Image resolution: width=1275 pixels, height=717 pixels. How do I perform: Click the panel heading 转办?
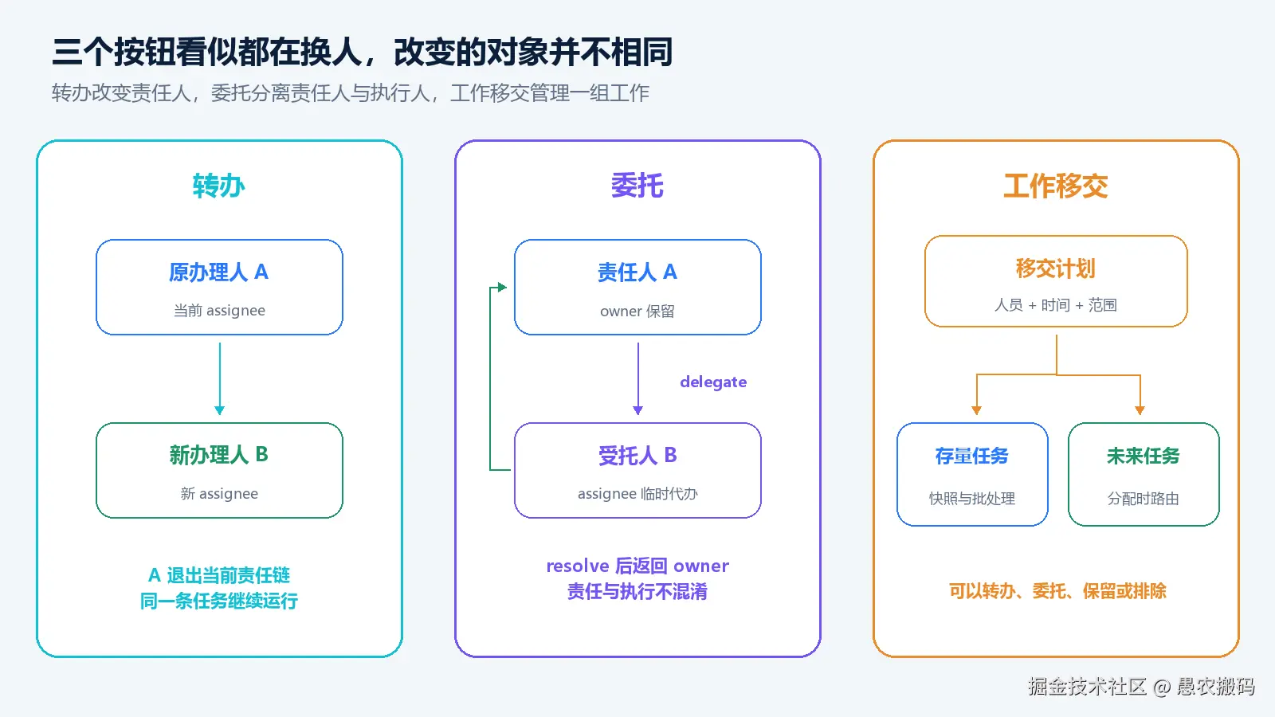(218, 186)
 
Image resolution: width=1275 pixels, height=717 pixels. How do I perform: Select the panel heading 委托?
(637, 186)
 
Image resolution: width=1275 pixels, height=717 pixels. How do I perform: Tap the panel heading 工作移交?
(1055, 186)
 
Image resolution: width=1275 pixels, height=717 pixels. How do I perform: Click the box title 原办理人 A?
(218, 272)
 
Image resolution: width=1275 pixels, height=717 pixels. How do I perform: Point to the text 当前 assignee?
(219, 310)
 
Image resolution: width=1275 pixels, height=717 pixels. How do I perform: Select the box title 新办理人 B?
(218, 455)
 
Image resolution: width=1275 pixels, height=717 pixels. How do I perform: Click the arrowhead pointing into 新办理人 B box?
(220, 410)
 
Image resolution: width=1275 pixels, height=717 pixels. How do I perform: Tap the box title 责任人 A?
(637, 272)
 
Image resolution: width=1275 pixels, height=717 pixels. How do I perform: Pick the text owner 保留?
(637, 311)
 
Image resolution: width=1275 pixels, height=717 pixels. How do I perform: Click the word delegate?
(713, 382)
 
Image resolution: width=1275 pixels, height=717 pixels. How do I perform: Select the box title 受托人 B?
(637, 455)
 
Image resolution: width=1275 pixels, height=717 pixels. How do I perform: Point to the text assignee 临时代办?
(637, 493)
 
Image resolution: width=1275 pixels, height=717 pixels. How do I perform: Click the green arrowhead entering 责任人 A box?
(502, 288)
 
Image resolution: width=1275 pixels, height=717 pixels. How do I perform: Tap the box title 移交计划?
(1055, 268)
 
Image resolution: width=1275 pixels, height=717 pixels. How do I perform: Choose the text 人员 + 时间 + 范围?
(1055, 305)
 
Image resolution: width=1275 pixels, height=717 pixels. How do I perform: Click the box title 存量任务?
(971, 456)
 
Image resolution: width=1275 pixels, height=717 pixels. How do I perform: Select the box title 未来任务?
(1143, 456)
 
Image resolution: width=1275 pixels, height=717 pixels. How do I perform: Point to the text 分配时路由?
(1143, 499)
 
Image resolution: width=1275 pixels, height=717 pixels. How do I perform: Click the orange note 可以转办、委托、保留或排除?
(1057, 591)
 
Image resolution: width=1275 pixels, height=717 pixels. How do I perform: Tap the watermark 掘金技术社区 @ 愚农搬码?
(1141, 686)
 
